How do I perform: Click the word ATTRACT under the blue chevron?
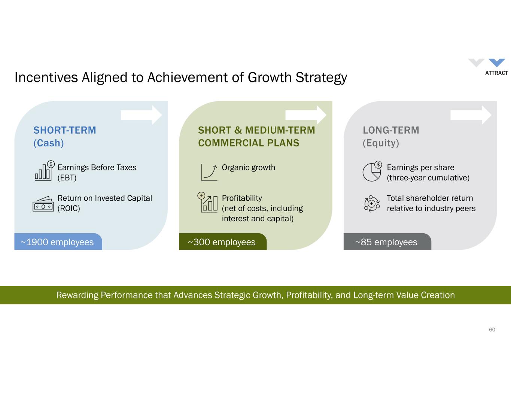click(496, 73)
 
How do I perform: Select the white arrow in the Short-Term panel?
click(141, 115)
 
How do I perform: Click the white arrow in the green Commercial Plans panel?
click(306, 115)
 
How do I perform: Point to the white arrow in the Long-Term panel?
click(471, 115)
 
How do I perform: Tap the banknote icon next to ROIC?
click(43, 204)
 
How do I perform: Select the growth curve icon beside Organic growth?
click(209, 173)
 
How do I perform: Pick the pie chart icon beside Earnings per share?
click(372, 171)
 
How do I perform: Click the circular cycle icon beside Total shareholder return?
click(372, 204)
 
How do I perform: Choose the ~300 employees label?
click(222, 242)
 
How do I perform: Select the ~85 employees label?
click(386, 242)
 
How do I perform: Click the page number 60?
click(492, 329)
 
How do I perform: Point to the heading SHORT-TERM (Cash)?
click(65, 137)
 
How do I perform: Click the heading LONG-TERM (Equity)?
click(391, 137)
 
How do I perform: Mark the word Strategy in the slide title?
click(321, 78)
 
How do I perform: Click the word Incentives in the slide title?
click(46, 78)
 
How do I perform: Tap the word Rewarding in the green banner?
click(77, 295)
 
